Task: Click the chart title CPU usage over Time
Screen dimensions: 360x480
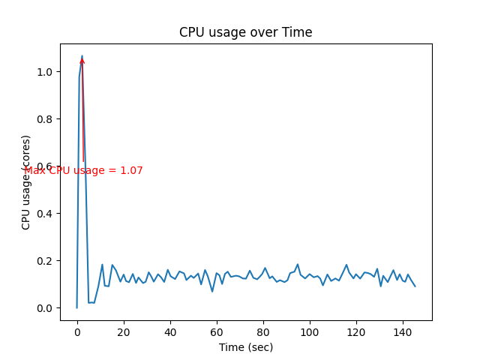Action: click(245, 32)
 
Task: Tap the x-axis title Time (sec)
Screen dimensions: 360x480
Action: click(245, 347)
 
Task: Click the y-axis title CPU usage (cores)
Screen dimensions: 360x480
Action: click(26, 182)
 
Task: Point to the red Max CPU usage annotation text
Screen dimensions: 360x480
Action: click(83, 171)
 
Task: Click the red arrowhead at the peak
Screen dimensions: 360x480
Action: click(82, 61)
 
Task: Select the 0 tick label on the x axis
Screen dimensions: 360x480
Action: click(76, 331)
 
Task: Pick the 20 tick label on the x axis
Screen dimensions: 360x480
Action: click(123, 331)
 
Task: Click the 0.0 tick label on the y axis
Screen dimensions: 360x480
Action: click(46, 308)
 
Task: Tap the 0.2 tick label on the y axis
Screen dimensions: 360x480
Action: click(46, 261)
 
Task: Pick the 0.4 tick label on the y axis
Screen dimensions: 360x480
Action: click(46, 214)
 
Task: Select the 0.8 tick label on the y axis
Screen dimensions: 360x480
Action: click(46, 119)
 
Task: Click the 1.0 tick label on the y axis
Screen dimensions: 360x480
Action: click(46, 72)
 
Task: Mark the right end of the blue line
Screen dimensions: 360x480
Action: click(415, 286)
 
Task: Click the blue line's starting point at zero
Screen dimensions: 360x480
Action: click(76, 307)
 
